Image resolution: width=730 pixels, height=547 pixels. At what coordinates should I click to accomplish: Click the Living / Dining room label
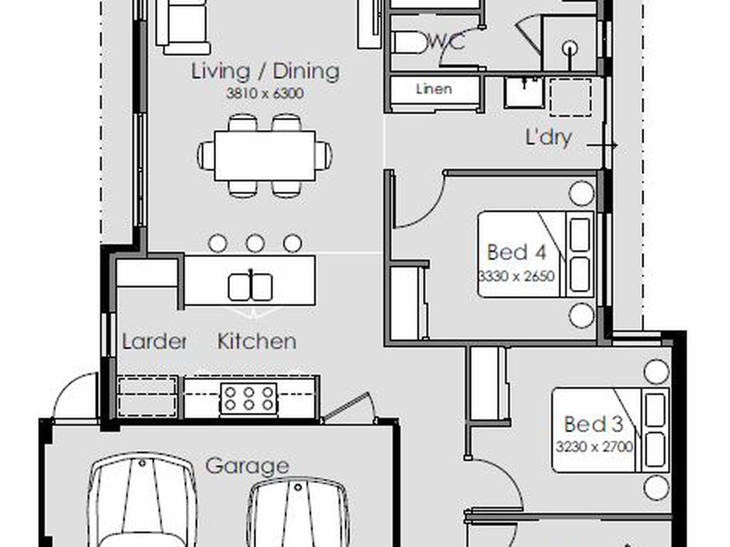265,71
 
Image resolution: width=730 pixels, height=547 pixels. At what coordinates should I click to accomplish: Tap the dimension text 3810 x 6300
265,94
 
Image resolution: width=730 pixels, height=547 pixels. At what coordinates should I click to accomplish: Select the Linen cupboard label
434,89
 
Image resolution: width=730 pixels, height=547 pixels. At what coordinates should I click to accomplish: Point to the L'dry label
549,137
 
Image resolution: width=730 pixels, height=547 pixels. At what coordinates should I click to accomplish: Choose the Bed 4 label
516,252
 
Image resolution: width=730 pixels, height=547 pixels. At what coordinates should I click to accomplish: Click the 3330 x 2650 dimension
516,276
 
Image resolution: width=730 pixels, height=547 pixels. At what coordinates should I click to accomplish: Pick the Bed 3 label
594,424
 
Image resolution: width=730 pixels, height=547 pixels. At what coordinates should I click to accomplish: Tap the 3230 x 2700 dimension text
594,447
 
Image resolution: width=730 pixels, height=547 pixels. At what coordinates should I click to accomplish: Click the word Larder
155,341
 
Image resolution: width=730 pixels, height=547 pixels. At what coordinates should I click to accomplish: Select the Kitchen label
257,341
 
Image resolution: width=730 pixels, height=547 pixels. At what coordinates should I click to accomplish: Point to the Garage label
247,466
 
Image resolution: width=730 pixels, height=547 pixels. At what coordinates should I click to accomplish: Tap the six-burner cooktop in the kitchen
249,399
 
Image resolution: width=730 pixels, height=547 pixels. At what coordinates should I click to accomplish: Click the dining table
265,156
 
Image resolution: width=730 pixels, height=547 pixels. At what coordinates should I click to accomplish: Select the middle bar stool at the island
255,244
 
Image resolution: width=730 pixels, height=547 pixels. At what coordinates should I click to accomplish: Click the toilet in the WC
409,43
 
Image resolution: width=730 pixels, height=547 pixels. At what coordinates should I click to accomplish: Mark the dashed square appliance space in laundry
570,97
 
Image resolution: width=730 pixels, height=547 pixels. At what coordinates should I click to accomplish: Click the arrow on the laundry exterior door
602,145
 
